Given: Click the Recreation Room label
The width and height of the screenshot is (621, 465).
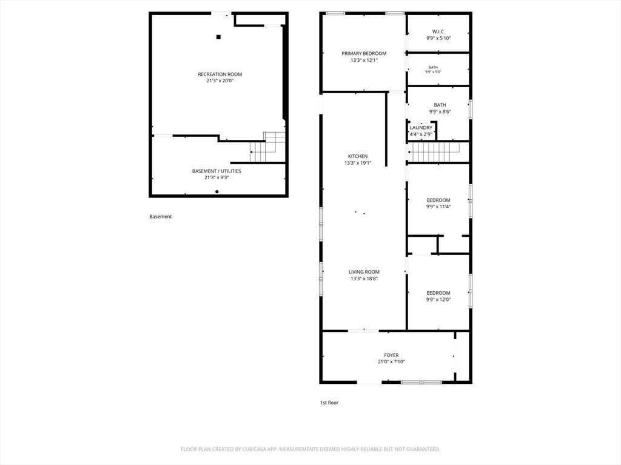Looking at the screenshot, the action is coord(220,74).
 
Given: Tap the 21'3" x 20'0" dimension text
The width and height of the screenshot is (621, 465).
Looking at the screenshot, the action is coord(220,81).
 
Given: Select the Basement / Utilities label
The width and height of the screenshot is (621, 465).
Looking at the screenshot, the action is coord(217,171).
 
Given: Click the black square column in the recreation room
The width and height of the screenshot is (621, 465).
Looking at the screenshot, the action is coord(218,37).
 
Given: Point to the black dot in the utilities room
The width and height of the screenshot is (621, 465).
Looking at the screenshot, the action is coord(217,192).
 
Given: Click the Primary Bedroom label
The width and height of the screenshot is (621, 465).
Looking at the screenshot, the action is coord(364,53).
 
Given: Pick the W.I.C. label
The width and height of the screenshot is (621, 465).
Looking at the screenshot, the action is coord(438,31).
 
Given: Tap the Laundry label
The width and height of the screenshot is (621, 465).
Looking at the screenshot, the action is coord(421,128).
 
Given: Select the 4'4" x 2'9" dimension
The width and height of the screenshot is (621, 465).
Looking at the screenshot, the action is coord(421,134).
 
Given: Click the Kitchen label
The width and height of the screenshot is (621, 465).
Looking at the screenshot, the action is coord(358,156).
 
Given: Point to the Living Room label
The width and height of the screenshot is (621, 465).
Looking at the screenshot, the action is coord(364,272).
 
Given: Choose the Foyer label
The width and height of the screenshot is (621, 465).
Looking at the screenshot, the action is coord(391,355).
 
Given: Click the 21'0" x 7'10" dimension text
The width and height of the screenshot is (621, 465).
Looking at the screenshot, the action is coord(391,362).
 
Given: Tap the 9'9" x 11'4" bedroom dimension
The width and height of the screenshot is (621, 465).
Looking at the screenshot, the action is coord(438,206).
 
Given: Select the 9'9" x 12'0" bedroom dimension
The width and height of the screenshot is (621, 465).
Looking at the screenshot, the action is coord(438,299).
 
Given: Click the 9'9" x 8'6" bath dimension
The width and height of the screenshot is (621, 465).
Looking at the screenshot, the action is coord(440,111).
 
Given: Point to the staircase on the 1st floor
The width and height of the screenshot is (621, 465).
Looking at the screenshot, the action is coord(433,152).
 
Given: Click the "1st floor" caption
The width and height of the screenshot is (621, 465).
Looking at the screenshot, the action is coord(329,403).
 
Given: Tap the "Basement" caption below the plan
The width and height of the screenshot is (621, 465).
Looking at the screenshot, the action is coord(160,217).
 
